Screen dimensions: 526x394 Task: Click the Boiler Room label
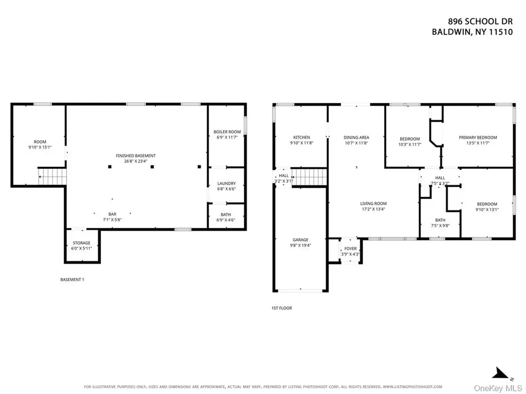click(x=227, y=132)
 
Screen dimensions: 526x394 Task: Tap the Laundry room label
click(x=227, y=184)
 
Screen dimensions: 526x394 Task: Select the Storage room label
click(x=82, y=243)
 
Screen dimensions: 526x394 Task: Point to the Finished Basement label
click(x=136, y=156)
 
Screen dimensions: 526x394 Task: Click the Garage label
click(x=300, y=240)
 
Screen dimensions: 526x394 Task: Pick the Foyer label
click(x=350, y=249)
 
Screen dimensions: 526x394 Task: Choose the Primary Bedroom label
click(x=478, y=137)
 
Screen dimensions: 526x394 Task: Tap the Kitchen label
click(x=302, y=137)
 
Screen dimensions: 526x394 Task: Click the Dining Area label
click(x=356, y=137)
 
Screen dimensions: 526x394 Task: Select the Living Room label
click(x=373, y=204)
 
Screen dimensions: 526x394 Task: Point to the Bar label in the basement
click(x=112, y=214)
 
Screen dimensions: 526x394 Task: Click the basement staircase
click(x=52, y=176)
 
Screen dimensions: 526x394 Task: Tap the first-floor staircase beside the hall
click(x=309, y=177)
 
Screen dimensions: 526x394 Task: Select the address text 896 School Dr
click(x=480, y=22)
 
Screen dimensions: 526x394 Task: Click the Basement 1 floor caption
click(x=72, y=280)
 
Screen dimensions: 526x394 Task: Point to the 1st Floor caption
click(x=282, y=308)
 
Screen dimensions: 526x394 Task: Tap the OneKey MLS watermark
click(x=498, y=388)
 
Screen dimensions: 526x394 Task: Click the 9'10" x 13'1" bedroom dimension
click(x=487, y=210)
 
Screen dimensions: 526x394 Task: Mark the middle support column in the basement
click(x=152, y=167)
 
